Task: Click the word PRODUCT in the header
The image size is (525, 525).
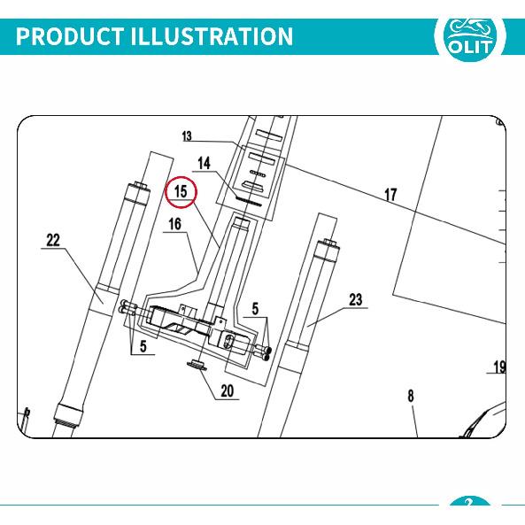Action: point(69,36)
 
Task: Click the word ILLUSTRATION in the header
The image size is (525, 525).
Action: point(212,36)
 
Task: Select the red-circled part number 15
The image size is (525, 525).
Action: point(181,192)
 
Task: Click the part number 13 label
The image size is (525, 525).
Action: point(187,136)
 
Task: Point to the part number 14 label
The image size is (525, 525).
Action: point(204,164)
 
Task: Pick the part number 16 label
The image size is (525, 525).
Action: point(174,224)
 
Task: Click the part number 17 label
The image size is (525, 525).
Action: point(390,195)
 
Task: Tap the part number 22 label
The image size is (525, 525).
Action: point(53,241)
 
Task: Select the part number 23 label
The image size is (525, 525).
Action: point(356,299)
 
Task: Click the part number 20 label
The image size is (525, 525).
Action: point(227,391)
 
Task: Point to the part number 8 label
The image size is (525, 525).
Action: point(411,397)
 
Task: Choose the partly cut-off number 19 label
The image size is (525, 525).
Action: point(499,367)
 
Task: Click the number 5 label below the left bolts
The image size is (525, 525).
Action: point(143,346)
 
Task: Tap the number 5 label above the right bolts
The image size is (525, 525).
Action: point(255,309)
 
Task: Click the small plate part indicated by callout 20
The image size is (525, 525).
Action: point(197,365)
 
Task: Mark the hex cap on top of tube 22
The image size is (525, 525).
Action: point(140,186)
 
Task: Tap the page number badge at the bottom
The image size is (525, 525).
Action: point(469,502)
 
